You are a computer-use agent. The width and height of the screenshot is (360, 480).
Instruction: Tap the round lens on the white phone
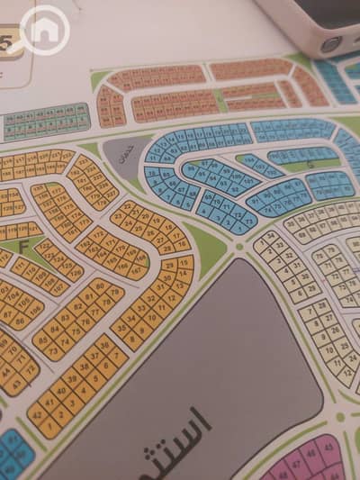click(331, 42)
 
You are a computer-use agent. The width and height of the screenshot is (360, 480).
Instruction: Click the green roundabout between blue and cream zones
click(238, 245)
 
